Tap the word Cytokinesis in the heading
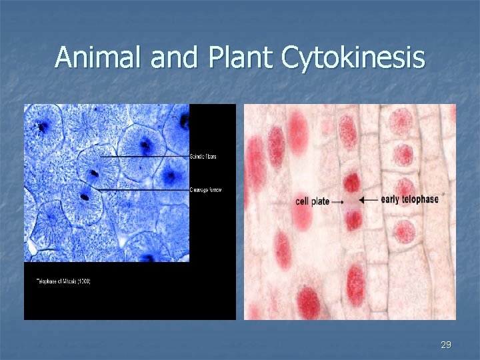353,57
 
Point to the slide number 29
446,345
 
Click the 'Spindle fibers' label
203,157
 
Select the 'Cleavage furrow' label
206,190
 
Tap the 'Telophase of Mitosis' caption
63,281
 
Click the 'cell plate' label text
312,201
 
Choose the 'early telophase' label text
409,199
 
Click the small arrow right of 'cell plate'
338,201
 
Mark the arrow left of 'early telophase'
368,199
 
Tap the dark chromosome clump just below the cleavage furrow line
85,197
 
